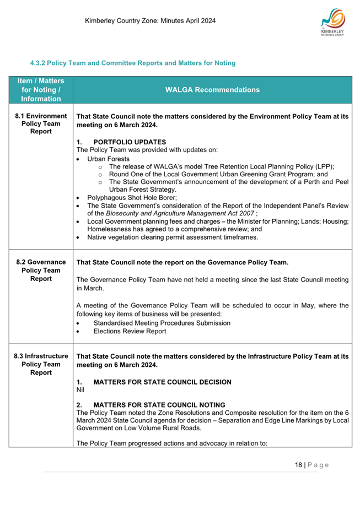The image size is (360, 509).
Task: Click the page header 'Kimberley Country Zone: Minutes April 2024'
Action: pos(150,21)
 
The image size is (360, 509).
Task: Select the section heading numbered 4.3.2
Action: pos(132,63)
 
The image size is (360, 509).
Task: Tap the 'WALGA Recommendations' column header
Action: pos(212,90)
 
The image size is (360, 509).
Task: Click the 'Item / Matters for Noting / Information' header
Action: pos(40,90)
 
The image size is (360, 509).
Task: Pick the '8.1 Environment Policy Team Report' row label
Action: pos(40,124)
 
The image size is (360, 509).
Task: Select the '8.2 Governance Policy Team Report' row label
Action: pos(40,270)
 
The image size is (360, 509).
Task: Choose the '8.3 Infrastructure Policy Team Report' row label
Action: pos(40,364)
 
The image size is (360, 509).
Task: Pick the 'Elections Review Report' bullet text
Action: pos(130,331)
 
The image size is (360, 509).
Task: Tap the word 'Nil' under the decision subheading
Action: pos(81,389)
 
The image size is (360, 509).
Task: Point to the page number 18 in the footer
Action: pos(298,465)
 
